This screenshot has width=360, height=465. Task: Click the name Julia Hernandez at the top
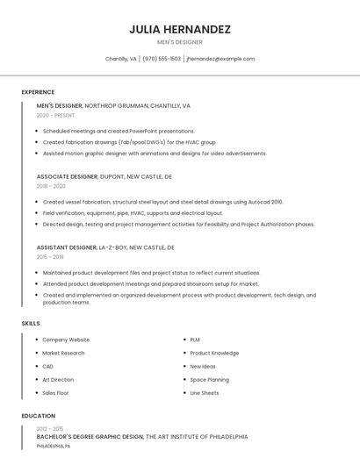point(180,29)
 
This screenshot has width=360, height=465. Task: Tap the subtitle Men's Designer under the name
point(180,42)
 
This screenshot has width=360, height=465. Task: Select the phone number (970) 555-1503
point(162,59)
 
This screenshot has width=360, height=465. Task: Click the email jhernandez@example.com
point(220,59)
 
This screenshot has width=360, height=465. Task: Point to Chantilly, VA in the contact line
point(121,59)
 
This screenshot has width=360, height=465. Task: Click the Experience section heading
point(38,92)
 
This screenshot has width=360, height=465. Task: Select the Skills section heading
point(31,324)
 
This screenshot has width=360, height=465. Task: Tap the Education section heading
point(38,416)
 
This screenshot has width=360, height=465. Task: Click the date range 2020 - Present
point(55,115)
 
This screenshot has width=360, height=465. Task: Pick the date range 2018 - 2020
point(51,186)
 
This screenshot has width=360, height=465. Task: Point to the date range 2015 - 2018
point(50,257)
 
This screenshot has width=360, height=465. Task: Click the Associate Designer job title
point(67,176)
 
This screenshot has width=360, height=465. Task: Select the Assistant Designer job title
point(67,247)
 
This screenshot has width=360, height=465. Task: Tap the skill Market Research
point(63,353)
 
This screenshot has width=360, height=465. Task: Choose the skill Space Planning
point(209,380)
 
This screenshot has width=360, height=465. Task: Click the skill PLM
point(195,340)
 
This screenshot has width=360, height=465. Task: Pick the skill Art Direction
point(58,380)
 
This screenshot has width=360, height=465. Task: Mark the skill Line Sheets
point(205,393)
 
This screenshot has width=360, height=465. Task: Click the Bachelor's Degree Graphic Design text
point(90,436)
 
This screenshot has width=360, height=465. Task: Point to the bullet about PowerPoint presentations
point(119,131)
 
